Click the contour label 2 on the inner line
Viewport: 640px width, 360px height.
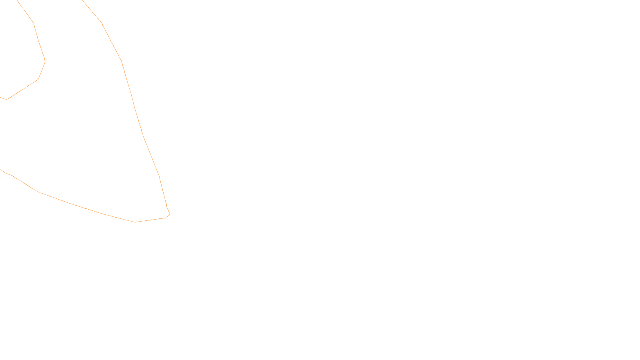45,61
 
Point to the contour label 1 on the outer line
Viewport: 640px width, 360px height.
166,206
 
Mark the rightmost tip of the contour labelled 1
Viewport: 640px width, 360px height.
170,214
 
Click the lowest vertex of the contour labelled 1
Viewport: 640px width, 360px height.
135,222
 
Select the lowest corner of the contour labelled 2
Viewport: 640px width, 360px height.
7,99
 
